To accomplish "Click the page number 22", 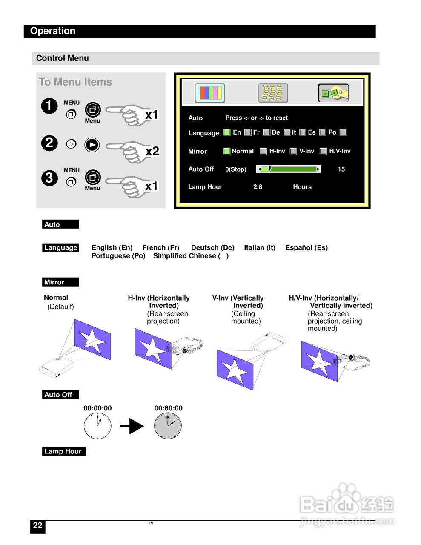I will tap(37, 525).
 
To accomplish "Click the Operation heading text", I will tap(53, 31).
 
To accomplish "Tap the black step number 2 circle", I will tap(49, 143).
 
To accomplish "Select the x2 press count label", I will tap(152, 151).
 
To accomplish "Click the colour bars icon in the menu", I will tap(210, 93).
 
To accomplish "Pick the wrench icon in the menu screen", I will tap(334, 93).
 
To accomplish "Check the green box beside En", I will tap(227, 132).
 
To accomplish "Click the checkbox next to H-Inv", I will tap(263, 151).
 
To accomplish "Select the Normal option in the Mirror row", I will tap(242, 151).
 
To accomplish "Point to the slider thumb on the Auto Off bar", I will tap(269, 169).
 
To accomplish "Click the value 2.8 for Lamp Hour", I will tap(258, 187).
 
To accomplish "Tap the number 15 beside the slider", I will tap(341, 169).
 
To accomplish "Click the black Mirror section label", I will tap(60, 282).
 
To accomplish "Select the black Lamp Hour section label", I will tap(64, 451).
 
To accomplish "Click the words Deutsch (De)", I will tap(212, 247).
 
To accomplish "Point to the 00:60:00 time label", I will tap(168, 408).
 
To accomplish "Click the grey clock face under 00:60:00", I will tap(168, 425).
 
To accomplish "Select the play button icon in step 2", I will tap(92, 145).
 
